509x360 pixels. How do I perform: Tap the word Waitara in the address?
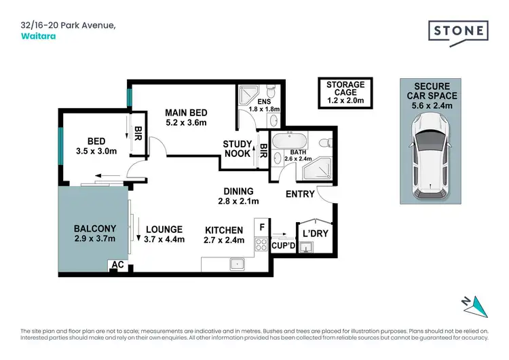39,37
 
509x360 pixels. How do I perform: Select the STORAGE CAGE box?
345,93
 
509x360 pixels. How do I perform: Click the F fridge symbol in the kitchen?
261,226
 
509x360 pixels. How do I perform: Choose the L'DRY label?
315,233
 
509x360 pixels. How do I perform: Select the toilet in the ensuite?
271,94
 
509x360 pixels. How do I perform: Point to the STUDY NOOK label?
238,149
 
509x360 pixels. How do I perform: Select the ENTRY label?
300,194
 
